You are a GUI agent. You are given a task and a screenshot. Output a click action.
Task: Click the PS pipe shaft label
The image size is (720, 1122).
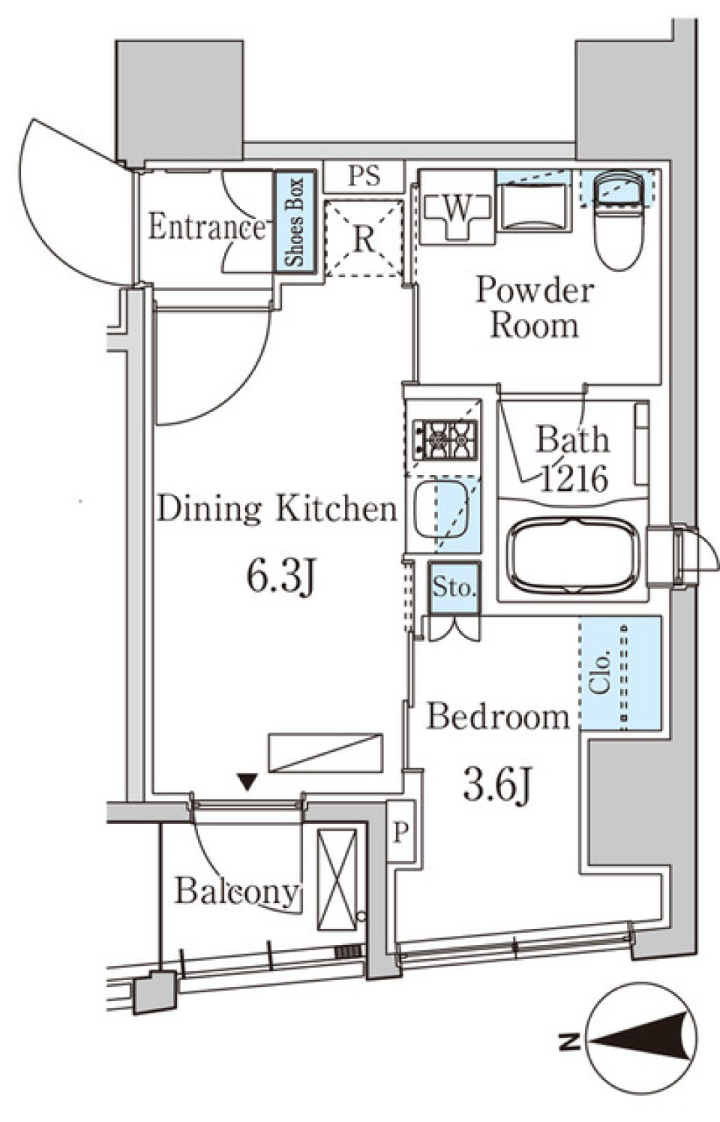click(x=364, y=176)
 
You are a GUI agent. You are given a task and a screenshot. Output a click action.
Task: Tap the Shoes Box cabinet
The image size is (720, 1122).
click(x=295, y=221)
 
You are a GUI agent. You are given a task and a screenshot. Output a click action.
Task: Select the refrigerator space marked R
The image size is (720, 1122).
click(x=364, y=238)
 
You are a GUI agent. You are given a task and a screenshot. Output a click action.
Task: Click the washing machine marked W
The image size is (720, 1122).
click(x=457, y=207)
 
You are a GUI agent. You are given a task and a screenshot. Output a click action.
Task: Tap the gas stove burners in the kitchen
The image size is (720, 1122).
click(x=445, y=441)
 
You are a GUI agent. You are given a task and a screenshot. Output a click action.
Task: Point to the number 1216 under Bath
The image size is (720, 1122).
click(x=574, y=480)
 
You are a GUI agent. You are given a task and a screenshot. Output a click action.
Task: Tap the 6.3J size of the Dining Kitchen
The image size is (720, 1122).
click(x=280, y=576)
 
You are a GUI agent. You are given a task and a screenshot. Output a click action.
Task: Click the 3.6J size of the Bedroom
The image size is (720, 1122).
click(x=496, y=785)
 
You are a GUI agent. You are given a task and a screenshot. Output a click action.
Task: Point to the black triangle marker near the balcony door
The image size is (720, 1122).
click(x=247, y=782)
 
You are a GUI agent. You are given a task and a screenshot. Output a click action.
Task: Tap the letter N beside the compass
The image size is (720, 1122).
click(x=569, y=1040)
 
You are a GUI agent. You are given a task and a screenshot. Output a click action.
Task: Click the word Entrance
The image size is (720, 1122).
click(x=206, y=227)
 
